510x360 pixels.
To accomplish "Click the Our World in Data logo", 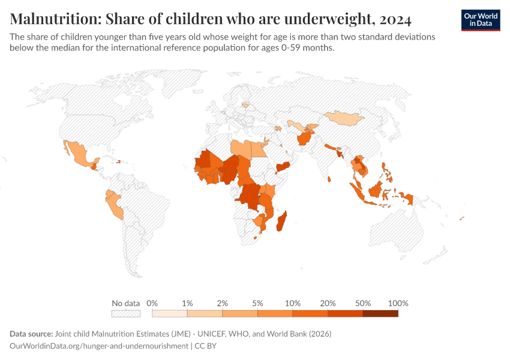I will pyautogui.click(x=480, y=20).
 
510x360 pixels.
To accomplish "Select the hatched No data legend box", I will pyautogui.click(x=126, y=313).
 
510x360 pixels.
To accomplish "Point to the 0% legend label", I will pyautogui.click(x=152, y=303).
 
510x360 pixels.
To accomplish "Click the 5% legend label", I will pyautogui.click(x=257, y=303).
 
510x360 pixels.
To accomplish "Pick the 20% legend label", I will pyautogui.click(x=328, y=303).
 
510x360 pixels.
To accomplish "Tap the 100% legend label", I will pyautogui.click(x=398, y=303).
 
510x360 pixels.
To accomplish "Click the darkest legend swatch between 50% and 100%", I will pyautogui.click(x=380, y=313).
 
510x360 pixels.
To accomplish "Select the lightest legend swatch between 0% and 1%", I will pyautogui.click(x=170, y=313).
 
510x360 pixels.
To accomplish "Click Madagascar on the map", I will pyautogui.click(x=280, y=221).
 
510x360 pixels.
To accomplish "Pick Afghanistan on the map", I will pyautogui.click(x=304, y=139).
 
